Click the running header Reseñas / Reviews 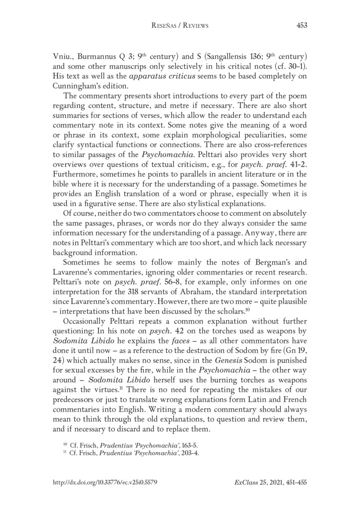pyautogui.click(x=180, y=26)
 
